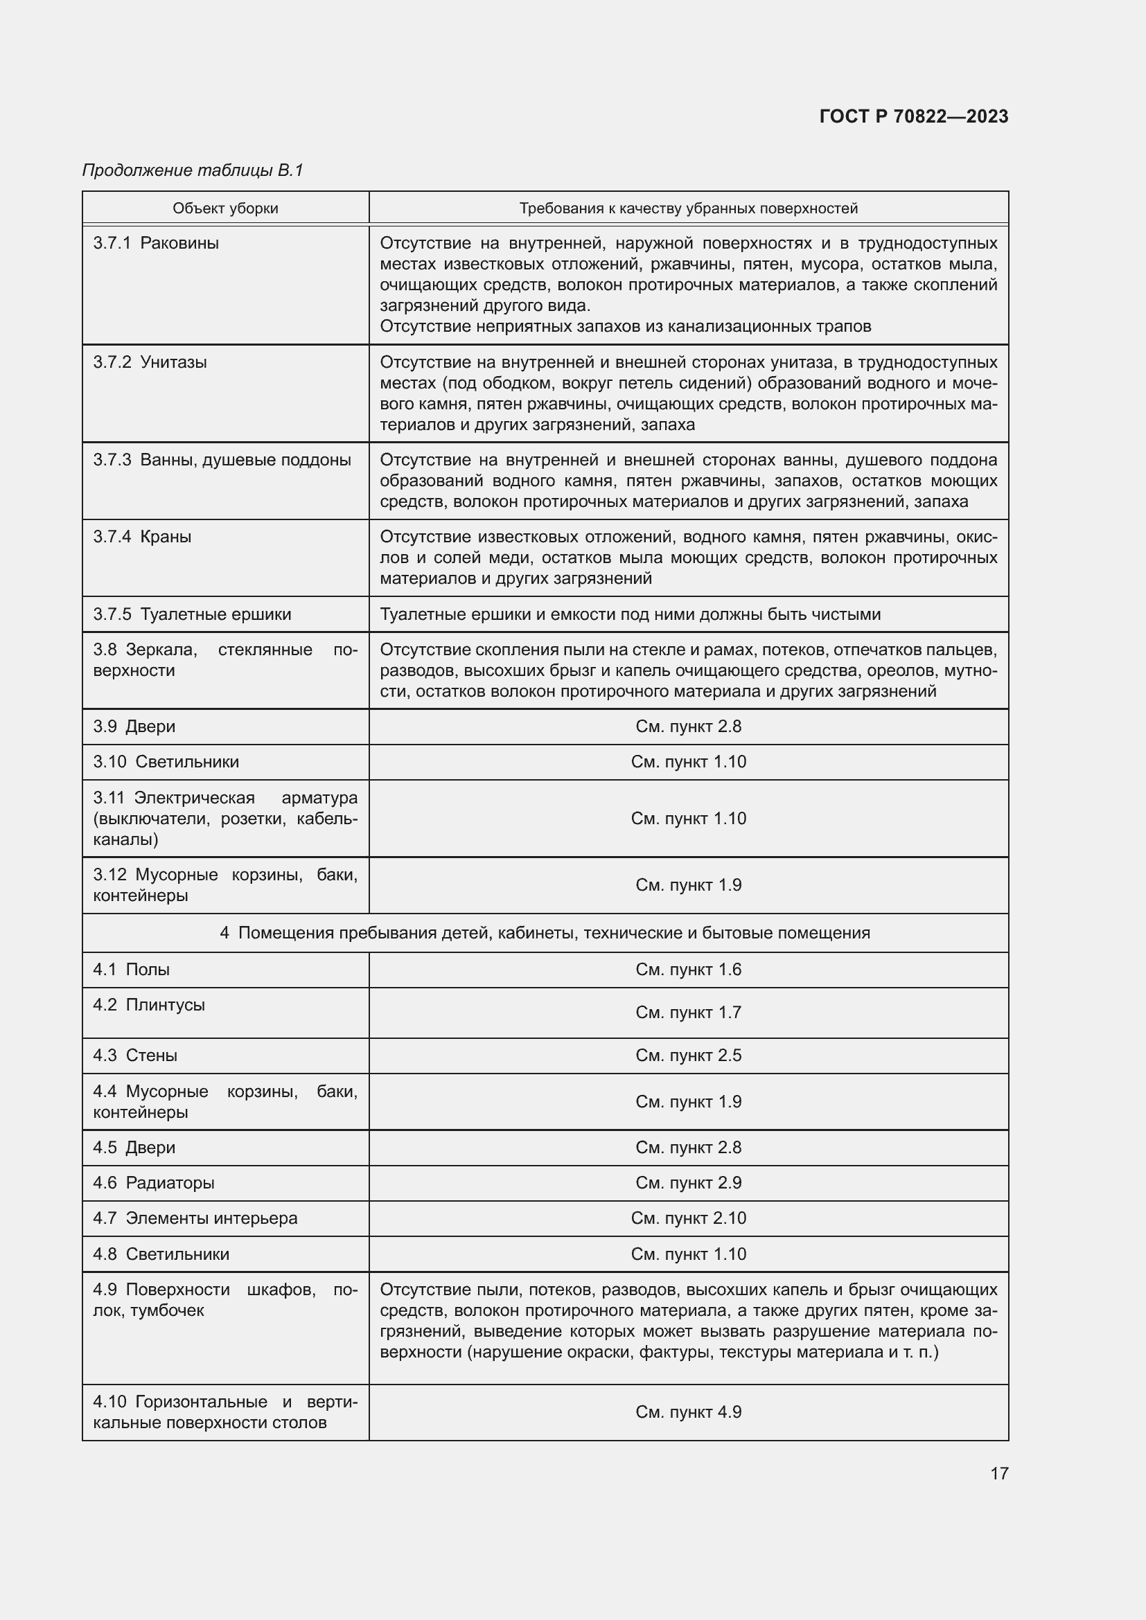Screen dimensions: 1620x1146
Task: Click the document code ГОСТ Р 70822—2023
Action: point(913,116)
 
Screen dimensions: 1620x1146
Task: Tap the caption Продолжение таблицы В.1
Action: point(193,170)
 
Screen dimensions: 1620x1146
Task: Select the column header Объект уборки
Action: point(225,208)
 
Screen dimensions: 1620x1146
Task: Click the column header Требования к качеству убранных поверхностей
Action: point(688,208)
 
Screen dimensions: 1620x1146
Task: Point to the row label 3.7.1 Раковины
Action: point(156,243)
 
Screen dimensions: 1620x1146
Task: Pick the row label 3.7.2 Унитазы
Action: point(150,363)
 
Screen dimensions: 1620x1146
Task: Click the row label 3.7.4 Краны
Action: point(143,537)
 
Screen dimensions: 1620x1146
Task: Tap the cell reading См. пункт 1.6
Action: point(688,970)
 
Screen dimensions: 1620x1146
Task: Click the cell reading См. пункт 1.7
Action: point(688,1013)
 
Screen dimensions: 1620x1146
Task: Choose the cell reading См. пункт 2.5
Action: point(688,1056)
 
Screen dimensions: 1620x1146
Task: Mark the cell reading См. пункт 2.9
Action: point(688,1183)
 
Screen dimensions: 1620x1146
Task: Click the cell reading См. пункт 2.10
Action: point(688,1218)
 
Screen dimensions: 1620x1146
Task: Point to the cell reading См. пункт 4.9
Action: point(688,1412)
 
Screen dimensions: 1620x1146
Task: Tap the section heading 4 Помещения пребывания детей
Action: point(545,933)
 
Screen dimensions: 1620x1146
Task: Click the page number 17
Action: point(999,1473)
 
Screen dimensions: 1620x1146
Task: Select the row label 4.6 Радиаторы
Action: point(154,1183)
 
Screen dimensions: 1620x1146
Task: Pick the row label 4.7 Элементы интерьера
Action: point(195,1218)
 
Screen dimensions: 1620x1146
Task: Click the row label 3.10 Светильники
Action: point(166,762)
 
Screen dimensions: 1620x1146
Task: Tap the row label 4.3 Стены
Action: point(136,1056)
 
